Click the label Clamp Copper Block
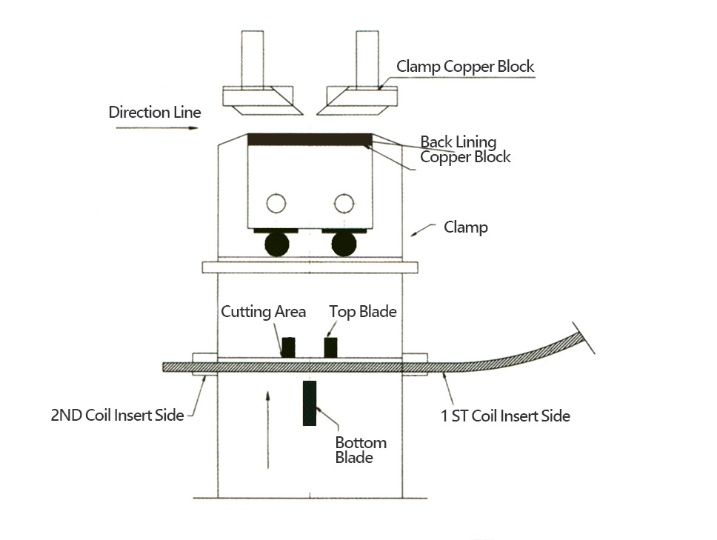(465, 67)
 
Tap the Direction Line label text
(155, 113)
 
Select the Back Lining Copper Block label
(465, 149)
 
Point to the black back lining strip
(309, 139)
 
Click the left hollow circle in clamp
(276, 203)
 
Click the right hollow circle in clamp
(342, 203)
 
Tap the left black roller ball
(276, 244)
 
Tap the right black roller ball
(344, 244)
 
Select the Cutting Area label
(263, 312)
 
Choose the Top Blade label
(363, 312)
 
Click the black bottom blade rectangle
(310, 403)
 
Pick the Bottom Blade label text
(361, 450)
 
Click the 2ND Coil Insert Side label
(117, 416)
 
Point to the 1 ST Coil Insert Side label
(505, 416)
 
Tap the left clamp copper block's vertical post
(252, 58)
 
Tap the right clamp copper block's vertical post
(367, 58)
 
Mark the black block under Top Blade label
(331, 347)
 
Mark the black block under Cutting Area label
(287, 347)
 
